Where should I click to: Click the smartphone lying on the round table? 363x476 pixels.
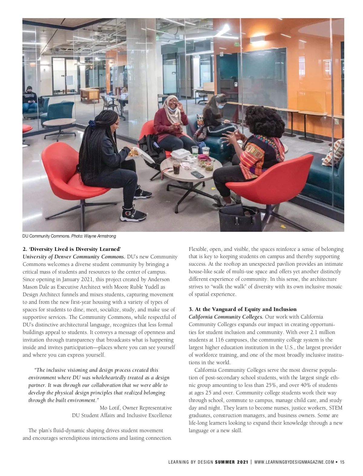[197, 174]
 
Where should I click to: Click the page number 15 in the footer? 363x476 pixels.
[342, 462]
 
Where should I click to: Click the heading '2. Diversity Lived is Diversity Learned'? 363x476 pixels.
[72, 249]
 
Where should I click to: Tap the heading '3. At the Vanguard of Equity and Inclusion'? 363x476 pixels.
[243, 309]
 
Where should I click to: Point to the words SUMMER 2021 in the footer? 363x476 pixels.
[231, 462]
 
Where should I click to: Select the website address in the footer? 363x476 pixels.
[294, 462]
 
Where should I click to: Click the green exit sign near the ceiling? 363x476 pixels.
[237, 44]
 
